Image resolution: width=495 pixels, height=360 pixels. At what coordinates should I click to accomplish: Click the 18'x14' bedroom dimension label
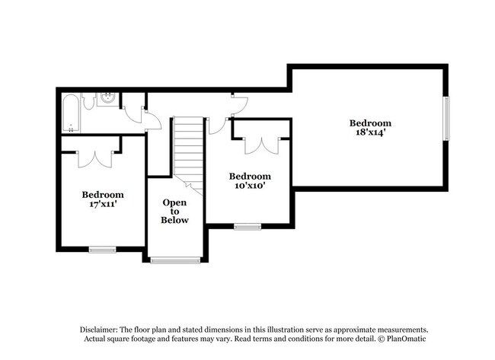click(x=370, y=132)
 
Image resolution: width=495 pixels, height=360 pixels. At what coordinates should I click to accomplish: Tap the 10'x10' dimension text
click(x=249, y=185)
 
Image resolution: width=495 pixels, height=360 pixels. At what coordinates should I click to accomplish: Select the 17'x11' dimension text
click(x=103, y=204)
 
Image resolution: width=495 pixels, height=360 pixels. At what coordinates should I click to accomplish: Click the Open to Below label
click(x=174, y=211)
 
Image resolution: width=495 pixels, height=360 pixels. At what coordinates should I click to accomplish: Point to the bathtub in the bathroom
click(x=71, y=113)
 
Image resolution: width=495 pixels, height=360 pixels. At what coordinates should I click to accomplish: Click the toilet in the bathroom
click(x=88, y=100)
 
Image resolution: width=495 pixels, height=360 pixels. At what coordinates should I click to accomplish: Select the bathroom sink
click(x=107, y=99)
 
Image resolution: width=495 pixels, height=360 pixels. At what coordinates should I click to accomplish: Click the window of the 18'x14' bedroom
click(x=446, y=118)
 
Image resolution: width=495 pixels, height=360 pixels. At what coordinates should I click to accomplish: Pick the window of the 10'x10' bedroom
click(x=247, y=227)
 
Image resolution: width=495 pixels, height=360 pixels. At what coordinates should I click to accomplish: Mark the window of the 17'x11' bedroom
click(x=102, y=250)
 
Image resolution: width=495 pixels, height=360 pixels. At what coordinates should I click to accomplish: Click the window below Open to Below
click(x=175, y=260)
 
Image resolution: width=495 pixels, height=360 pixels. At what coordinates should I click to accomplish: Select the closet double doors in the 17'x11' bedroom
click(x=95, y=159)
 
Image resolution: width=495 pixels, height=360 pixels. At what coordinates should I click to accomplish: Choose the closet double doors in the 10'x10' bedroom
click(x=262, y=145)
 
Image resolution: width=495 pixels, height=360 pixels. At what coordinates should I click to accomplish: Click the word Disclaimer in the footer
click(x=99, y=330)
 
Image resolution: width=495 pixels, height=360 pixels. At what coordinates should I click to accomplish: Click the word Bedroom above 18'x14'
click(x=370, y=123)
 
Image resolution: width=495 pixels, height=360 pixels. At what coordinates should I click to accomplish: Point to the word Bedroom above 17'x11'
click(x=103, y=195)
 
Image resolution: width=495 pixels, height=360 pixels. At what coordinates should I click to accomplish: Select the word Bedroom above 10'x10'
click(x=250, y=176)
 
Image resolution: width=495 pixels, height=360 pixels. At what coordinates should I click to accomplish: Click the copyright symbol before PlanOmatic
click(x=382, y=339)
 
